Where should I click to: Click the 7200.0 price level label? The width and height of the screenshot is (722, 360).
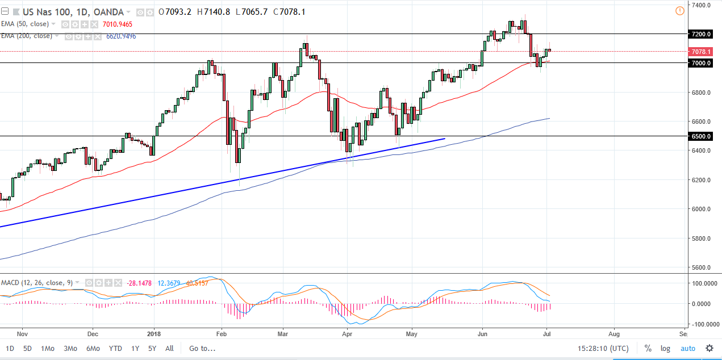[700, 34]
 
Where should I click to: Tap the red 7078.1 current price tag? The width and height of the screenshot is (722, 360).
[700, 52]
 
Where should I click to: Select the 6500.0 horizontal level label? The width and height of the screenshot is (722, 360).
[700, 136]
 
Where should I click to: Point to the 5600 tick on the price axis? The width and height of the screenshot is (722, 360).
[700, 267]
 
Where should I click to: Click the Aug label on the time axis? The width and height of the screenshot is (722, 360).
[614, 333]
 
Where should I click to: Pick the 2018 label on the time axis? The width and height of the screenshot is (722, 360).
[155, 333]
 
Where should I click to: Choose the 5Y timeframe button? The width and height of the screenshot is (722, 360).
[152, 348]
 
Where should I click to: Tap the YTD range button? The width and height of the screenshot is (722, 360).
[115, 348]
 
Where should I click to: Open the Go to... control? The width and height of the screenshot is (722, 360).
[202, 348]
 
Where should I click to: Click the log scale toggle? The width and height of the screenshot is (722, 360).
[665, 348]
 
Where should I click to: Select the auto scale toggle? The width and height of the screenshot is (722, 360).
[687, 348]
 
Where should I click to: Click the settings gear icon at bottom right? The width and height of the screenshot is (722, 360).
[709, 348]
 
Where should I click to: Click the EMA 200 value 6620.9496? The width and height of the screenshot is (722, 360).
[121, 36]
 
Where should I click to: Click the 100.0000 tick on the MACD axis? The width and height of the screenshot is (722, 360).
[702, 283]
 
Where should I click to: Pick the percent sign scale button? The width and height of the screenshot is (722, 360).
[648, 348]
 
